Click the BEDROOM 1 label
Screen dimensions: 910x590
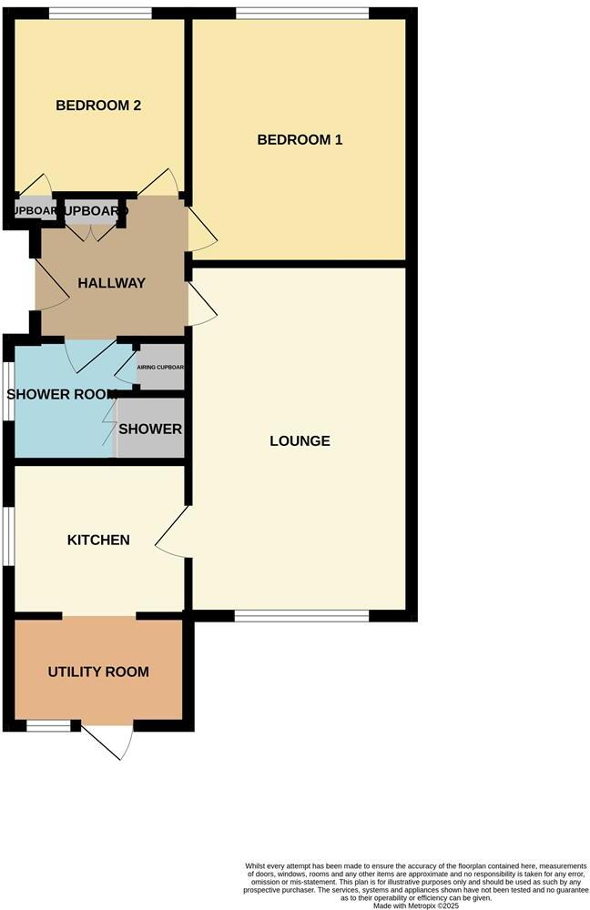tap(300, 140)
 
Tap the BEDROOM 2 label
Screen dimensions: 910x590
tap(98, 106)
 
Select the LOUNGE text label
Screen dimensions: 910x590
tap(300, 441)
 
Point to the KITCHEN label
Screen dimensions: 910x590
tap(98, 540)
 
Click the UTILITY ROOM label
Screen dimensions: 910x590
tap(98, 672)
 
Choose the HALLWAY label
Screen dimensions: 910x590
tap(111, 283)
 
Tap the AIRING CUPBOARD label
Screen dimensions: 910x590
tap(160, 368)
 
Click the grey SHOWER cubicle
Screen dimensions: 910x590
tap(151, 429)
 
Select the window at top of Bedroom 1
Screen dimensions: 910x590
tap(302, 13)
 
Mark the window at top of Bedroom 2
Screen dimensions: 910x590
tap(100, 13)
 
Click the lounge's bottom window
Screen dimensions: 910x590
tap(302, 616)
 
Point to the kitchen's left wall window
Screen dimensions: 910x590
tap(10, 537)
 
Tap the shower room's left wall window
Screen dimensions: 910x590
tap(10, 392)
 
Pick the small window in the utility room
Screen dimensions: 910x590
tap(47, 725)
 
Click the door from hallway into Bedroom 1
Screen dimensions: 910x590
tap(202, 227)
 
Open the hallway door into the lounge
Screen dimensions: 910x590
tap(202, 305)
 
